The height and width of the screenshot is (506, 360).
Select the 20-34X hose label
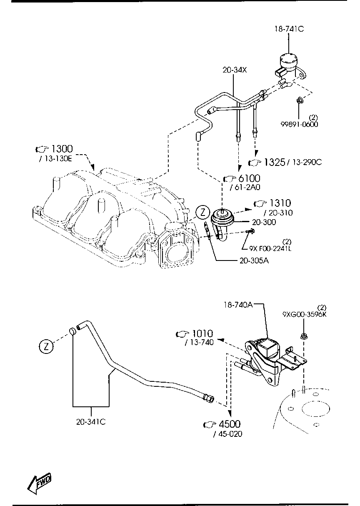coord(235,70)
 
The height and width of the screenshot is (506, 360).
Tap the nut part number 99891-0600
coord(298,124)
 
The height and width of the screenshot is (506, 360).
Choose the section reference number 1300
coord(62,149)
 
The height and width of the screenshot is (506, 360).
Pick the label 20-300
coord(263,222)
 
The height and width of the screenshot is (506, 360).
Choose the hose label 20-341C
coord(90,421)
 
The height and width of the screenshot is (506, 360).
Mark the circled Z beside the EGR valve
coord(202,213)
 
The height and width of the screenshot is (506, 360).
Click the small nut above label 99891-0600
coord(299,100)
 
